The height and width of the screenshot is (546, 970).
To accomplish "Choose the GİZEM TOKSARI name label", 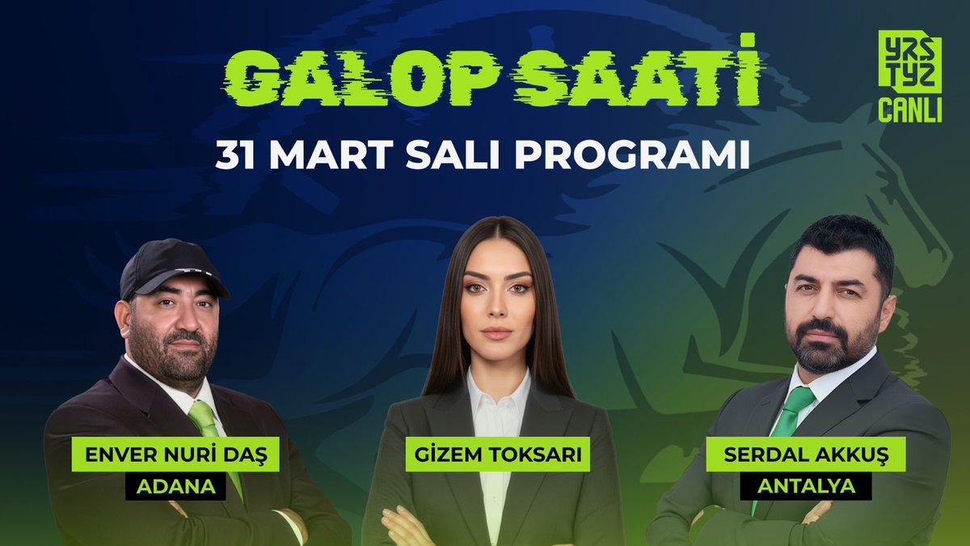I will click(495, 455).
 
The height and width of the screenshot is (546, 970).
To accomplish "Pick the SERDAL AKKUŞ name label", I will click(805, 456).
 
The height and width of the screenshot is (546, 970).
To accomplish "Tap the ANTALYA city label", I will click(805, 486).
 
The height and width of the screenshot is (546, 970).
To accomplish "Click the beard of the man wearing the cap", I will click(174, 356).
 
